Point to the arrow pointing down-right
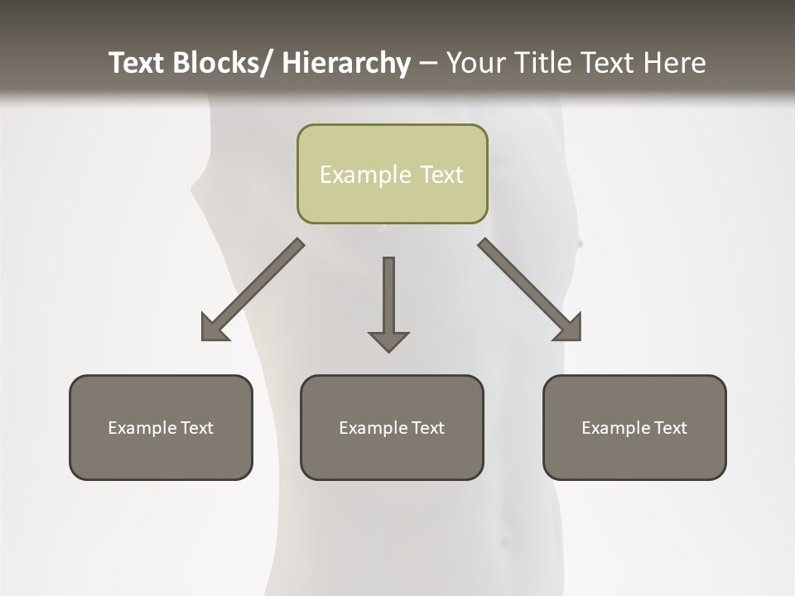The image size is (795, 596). [530, 291]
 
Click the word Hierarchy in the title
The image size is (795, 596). [346, 63]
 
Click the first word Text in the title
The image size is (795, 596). [137, 63]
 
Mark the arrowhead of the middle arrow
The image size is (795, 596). [388, 341]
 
